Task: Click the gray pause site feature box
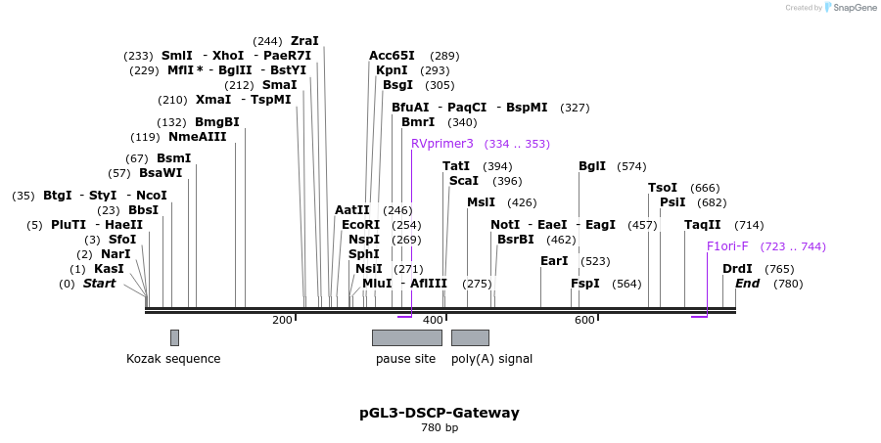(406, 337)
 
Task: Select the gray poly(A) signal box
(470, 337)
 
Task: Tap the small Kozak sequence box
(174, 337)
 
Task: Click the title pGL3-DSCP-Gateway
(440, 413)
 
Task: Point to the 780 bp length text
(440, 428)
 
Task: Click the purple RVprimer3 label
(441, 144)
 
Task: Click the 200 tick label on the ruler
(282, 320)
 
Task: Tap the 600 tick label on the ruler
(584, 320)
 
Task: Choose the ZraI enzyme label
(304, 41)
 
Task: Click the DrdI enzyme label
(737, 269)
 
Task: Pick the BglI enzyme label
(592, 166)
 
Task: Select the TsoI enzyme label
(663, 188)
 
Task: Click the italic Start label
(99, 284)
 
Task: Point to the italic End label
(747, 284)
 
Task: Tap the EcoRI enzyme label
(360, 225)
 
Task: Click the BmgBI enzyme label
(216, 122)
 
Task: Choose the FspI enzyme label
(585, 284)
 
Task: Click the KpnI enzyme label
(392, 70)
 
